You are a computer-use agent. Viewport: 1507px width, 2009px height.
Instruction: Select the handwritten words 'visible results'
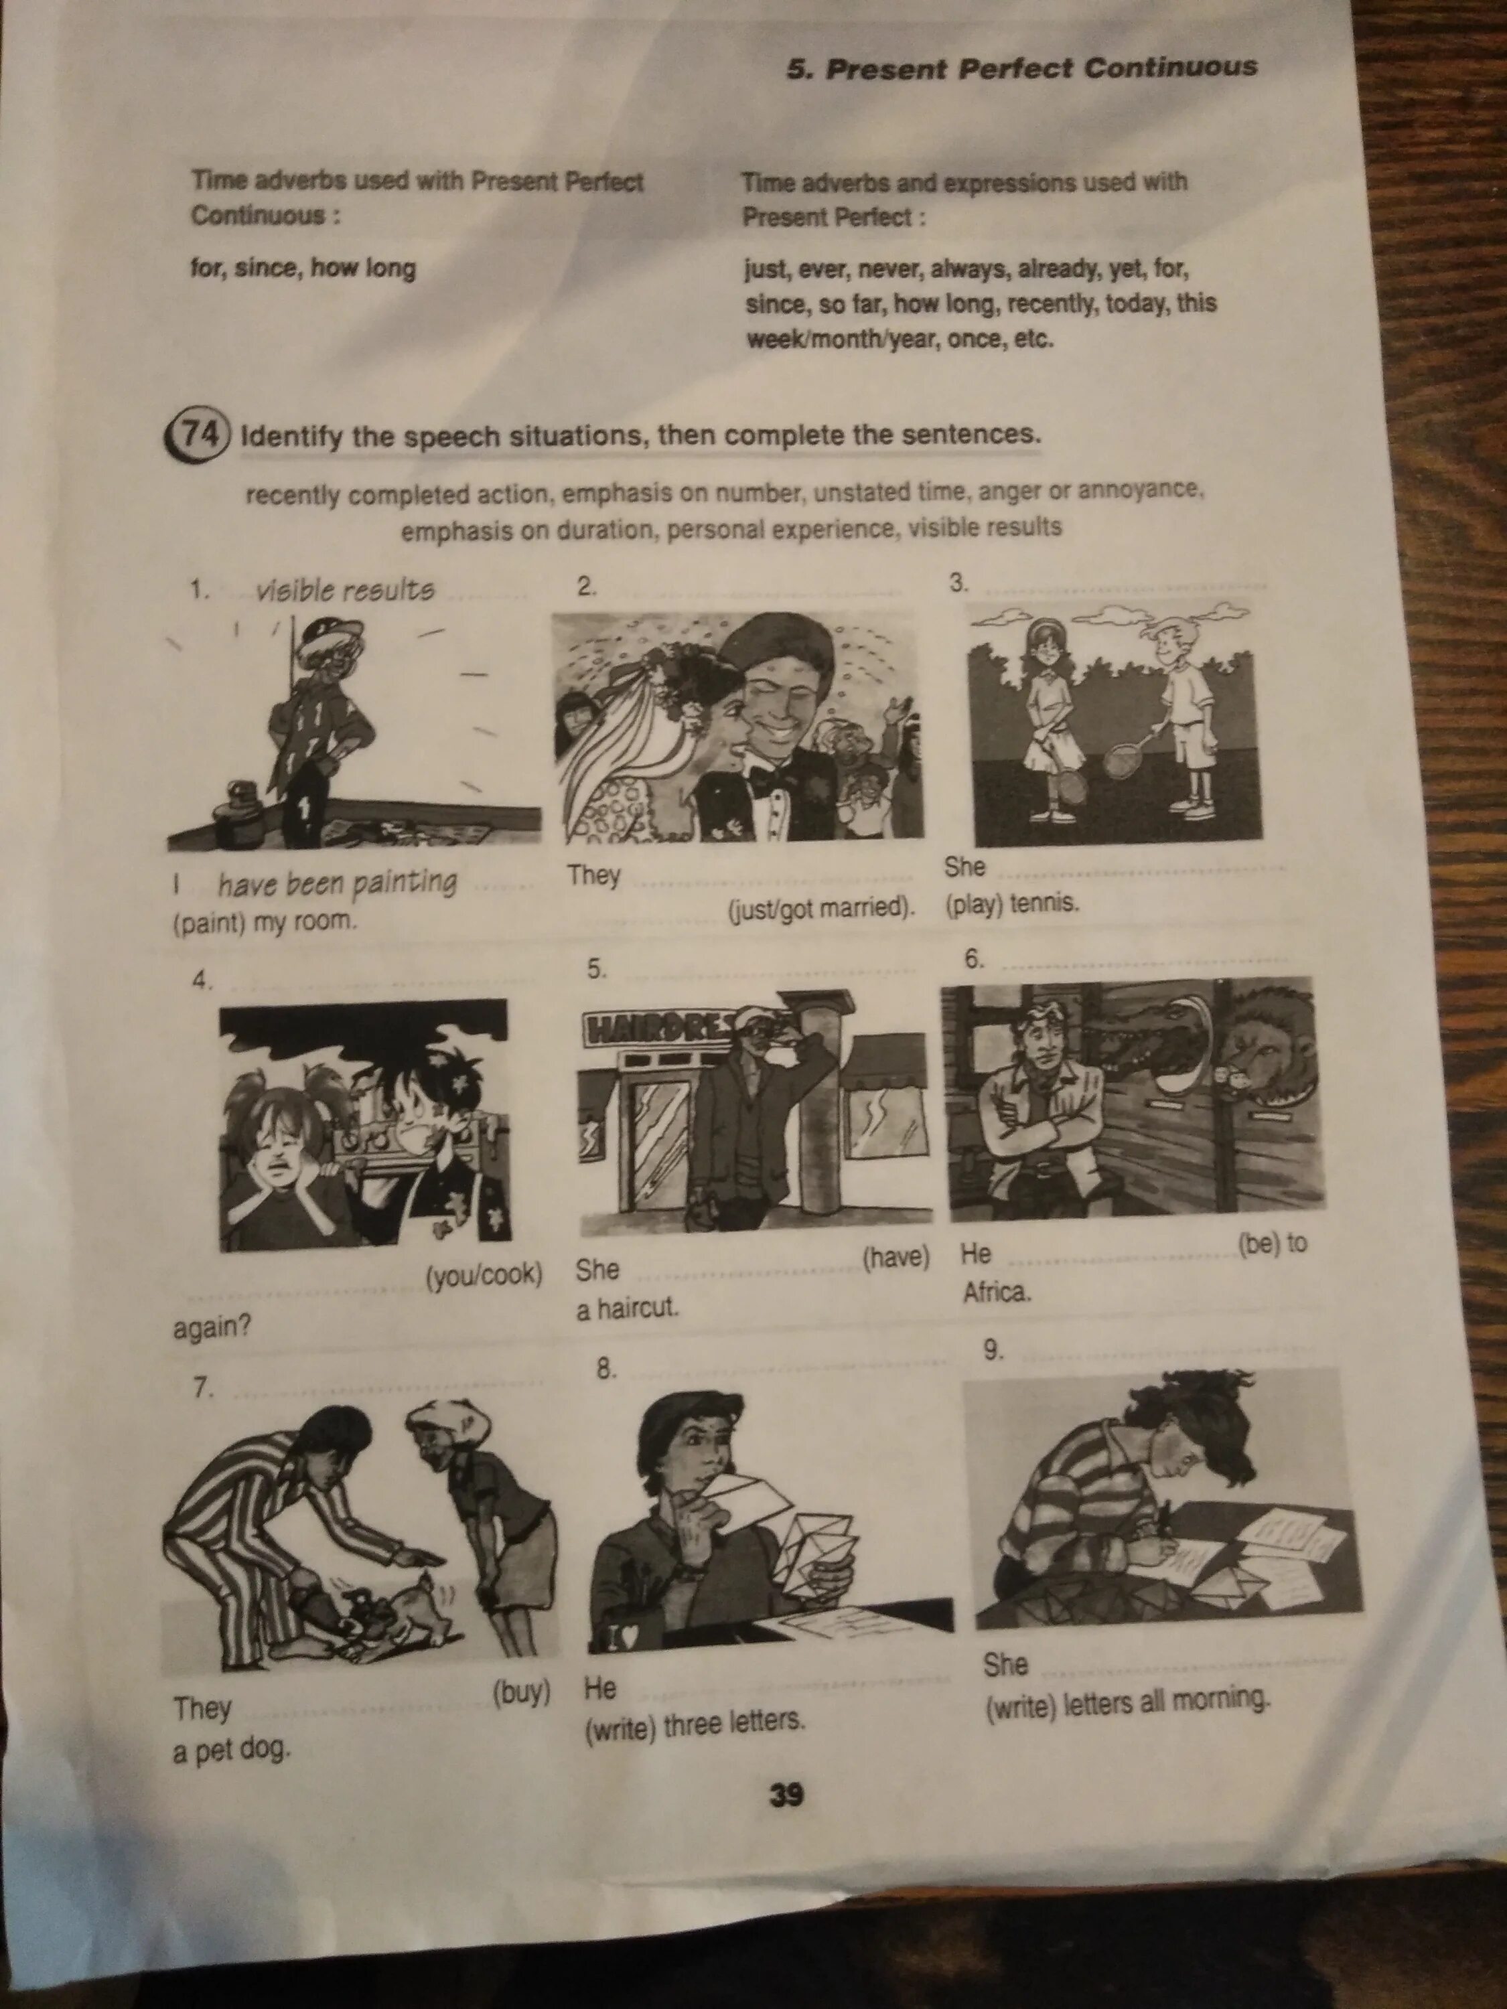pyautogui.click(x=344, y=591)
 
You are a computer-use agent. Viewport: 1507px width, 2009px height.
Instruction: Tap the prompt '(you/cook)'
pyautogui.click(x=484, y=1275)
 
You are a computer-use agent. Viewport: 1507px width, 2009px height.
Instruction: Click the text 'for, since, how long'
pyautogui.click(x=303, y=269)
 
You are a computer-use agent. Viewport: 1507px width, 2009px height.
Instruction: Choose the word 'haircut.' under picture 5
pyautogui.click(x=638, y=1307)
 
